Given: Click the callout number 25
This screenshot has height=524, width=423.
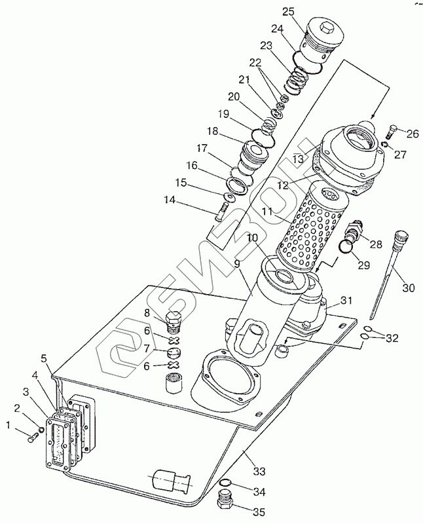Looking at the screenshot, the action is (289, 12).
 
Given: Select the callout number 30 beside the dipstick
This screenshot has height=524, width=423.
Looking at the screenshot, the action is (408, 287).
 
